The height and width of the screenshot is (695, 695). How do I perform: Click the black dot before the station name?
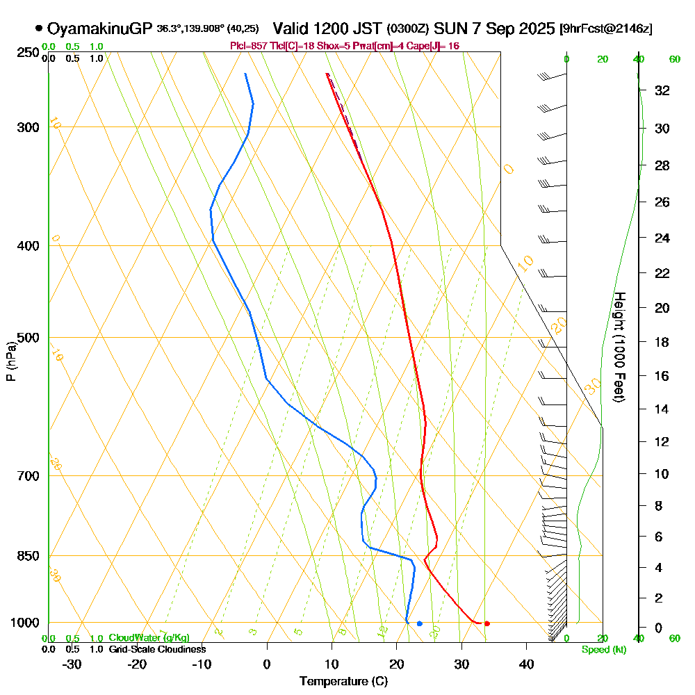coord(39,28)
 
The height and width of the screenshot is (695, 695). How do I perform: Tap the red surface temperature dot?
coord(487,623)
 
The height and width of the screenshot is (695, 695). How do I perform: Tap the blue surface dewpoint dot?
coord(420,623)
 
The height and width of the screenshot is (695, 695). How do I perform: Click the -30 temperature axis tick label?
coord(72,664)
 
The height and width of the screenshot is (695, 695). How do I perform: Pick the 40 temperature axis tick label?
coord(526,664)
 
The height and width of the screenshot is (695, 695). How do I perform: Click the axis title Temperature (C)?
coord(343,682)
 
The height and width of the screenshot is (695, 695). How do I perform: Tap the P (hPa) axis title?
coord(11,361)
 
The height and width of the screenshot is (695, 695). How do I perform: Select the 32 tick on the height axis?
coord(662,90)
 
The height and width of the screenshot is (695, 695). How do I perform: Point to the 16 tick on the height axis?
coord(662,376)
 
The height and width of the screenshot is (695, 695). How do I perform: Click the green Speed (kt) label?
coord(604,650)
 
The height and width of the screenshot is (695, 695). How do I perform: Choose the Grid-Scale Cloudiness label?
coord(157,649)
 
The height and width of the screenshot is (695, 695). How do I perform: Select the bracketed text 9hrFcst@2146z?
coord(605,29)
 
